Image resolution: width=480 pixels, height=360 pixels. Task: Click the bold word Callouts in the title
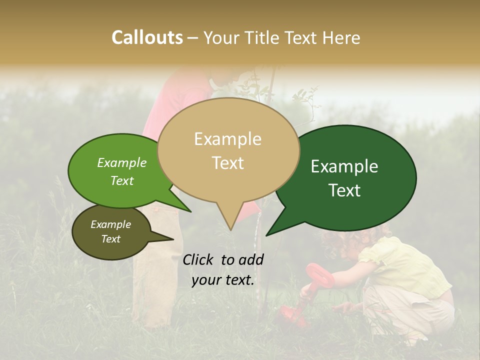(147, 37)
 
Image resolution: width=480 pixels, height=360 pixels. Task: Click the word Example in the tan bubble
(227, 139)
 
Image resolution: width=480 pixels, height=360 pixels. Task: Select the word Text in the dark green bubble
(345, 190)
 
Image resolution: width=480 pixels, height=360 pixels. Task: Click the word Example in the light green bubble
(121, 163)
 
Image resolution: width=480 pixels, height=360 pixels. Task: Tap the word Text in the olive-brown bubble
(110, 239)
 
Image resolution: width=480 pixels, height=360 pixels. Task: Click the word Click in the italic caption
(198, 259)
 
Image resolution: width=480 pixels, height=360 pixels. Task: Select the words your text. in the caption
(223, 280)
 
